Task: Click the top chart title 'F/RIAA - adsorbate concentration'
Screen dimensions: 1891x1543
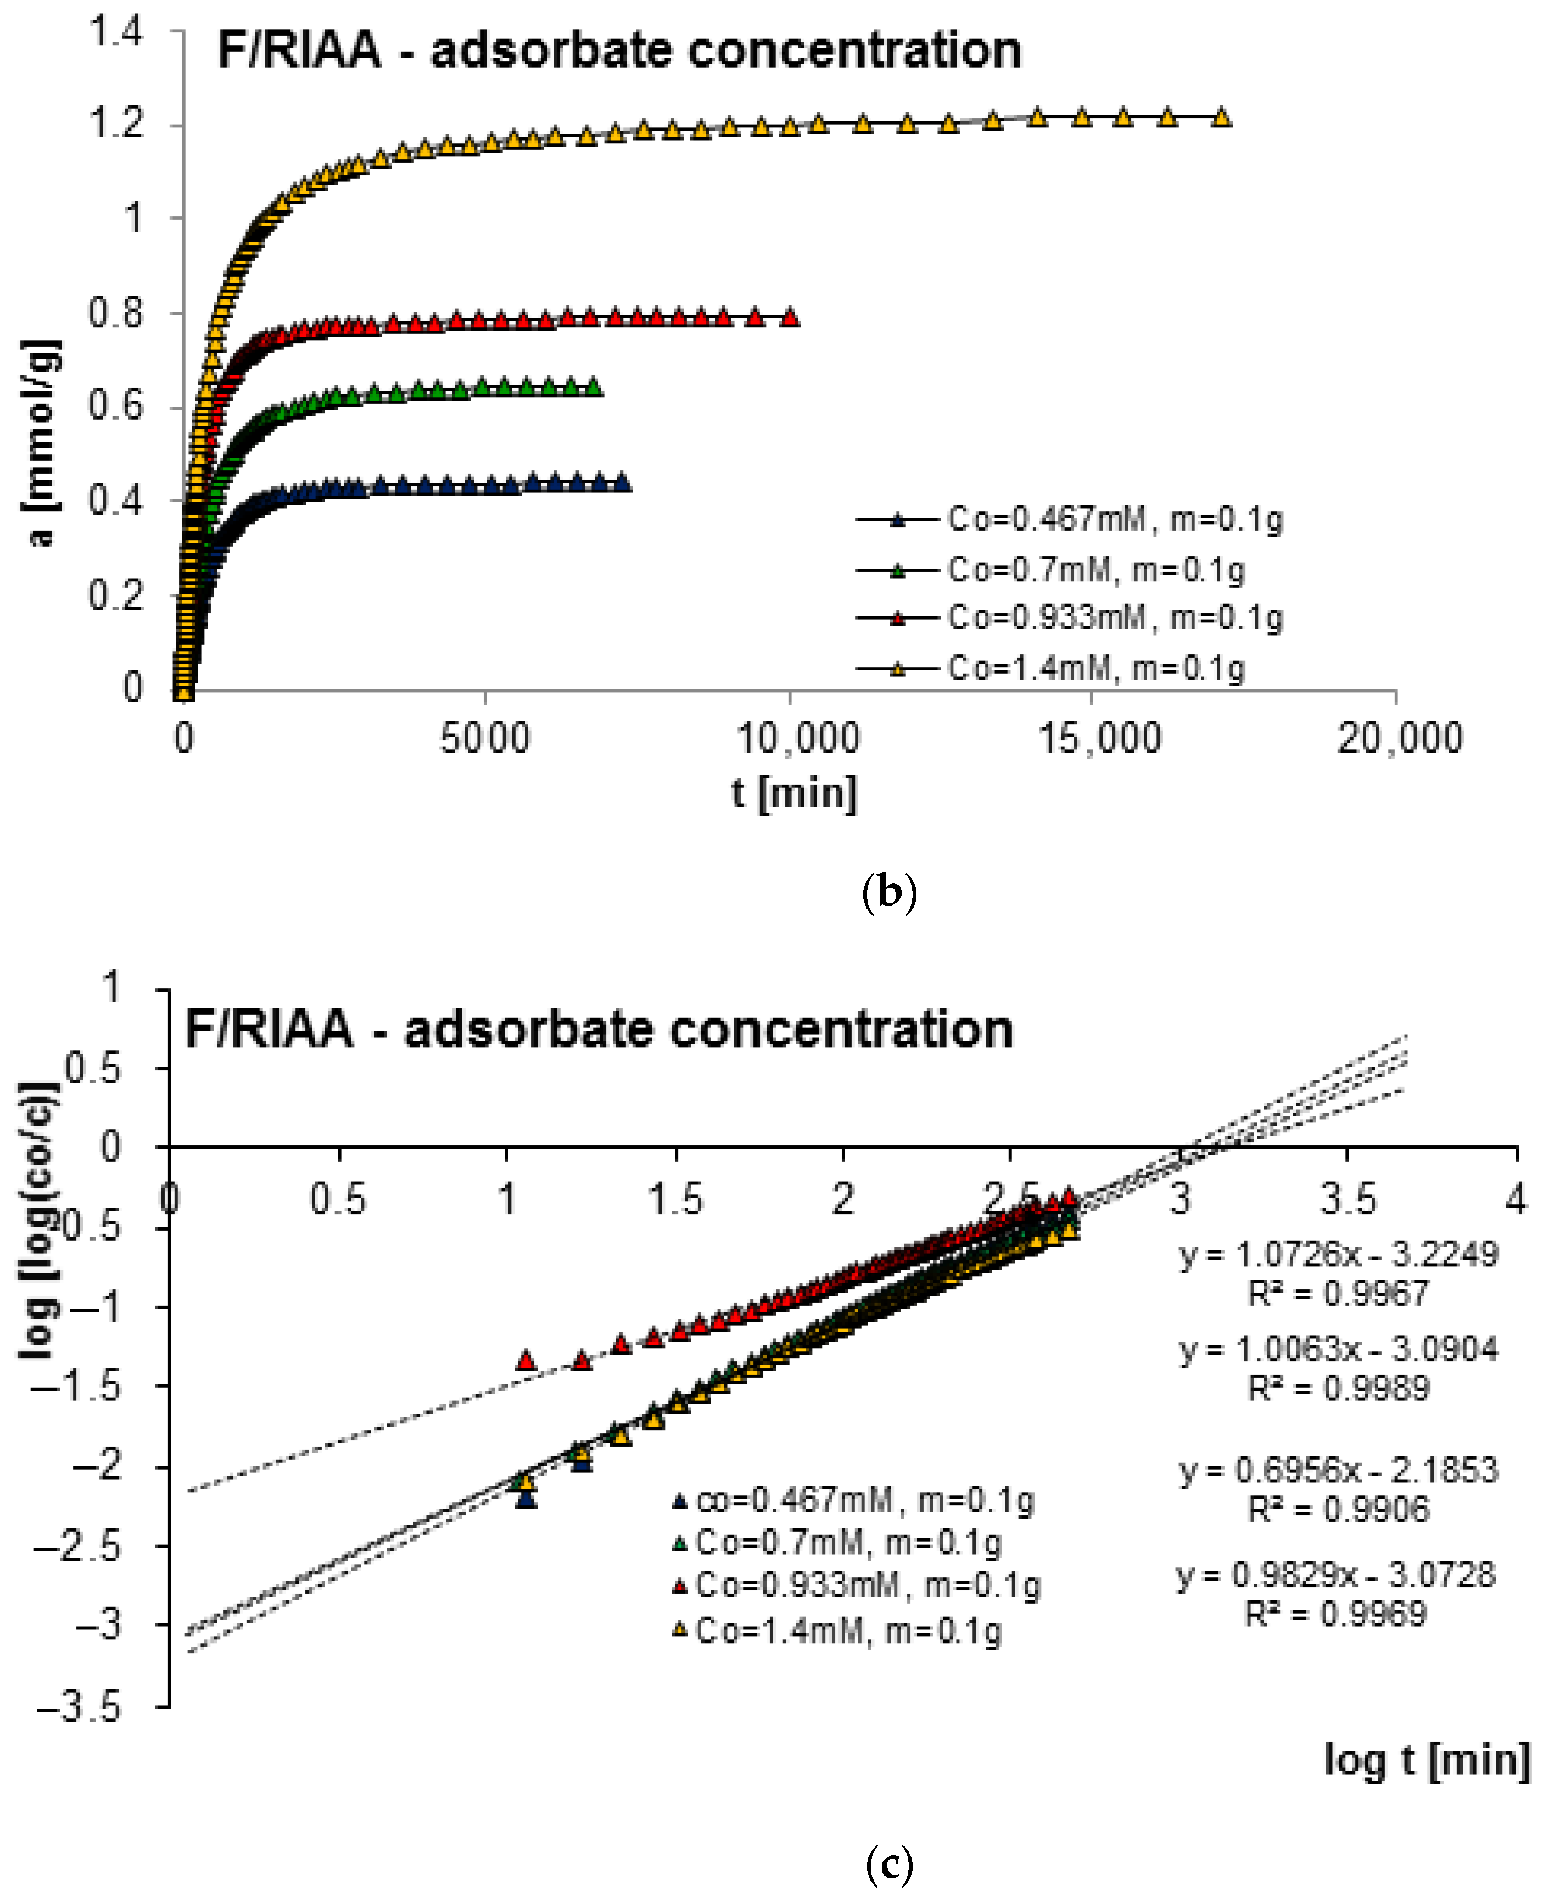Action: [x=619, y=50]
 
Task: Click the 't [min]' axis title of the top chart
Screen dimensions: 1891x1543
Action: [x=793, y=792]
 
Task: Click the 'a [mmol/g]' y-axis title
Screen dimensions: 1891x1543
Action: [x=40, y=442]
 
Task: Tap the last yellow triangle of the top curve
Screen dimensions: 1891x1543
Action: [x=1222, y=118]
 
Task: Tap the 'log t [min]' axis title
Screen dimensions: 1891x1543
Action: [x=1425, y=1760]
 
